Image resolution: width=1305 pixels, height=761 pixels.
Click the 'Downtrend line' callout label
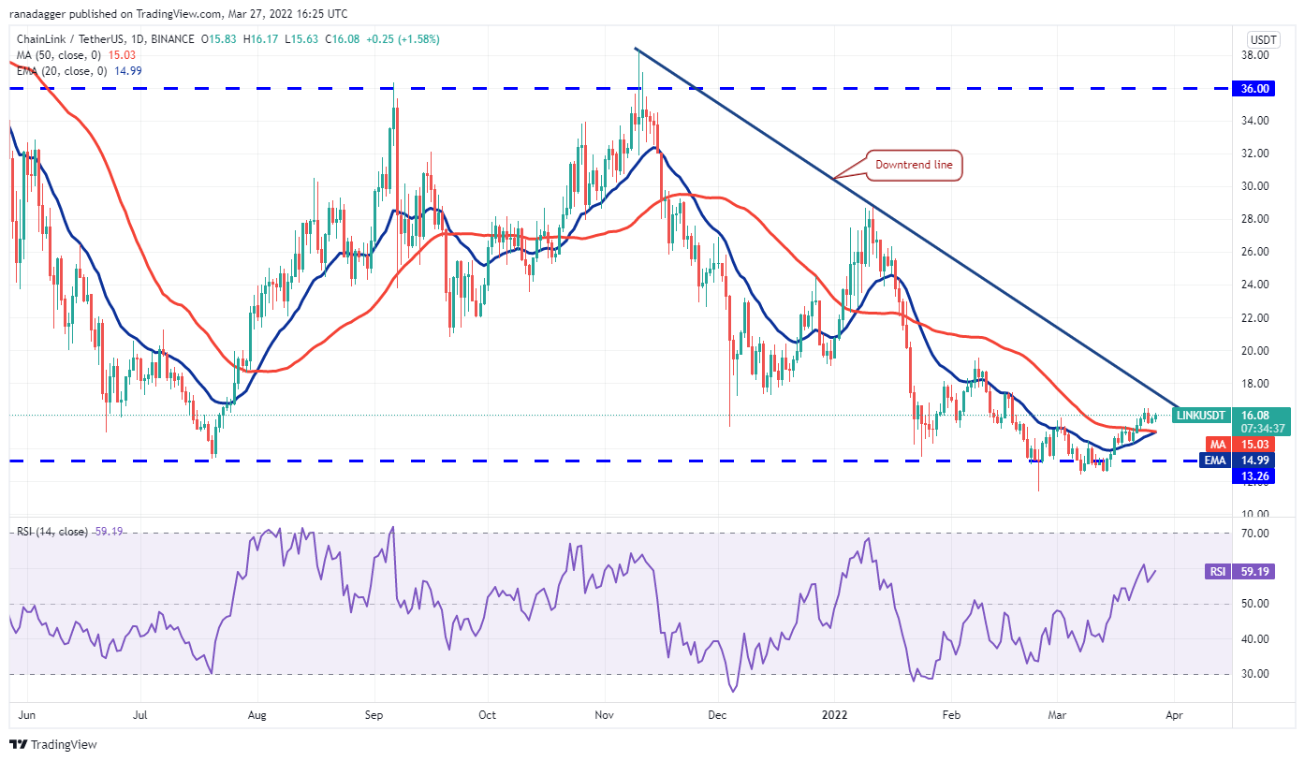[913, 166]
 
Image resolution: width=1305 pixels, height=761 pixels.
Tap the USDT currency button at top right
[1264, 39]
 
